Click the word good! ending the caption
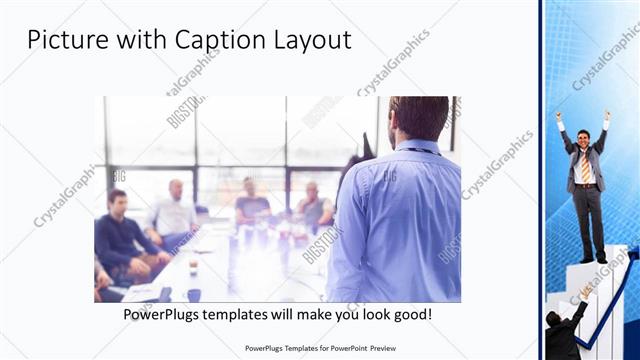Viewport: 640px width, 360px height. pos(412,314)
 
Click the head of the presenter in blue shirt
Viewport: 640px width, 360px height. pos(419,119)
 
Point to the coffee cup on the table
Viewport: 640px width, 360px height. pos(193,269)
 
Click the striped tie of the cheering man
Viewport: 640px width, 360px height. pos(586,165)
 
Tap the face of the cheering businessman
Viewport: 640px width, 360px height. pos(585,137)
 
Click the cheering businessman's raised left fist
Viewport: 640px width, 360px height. pos(559,116)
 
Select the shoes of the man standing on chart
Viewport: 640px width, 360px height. pos(594,259)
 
